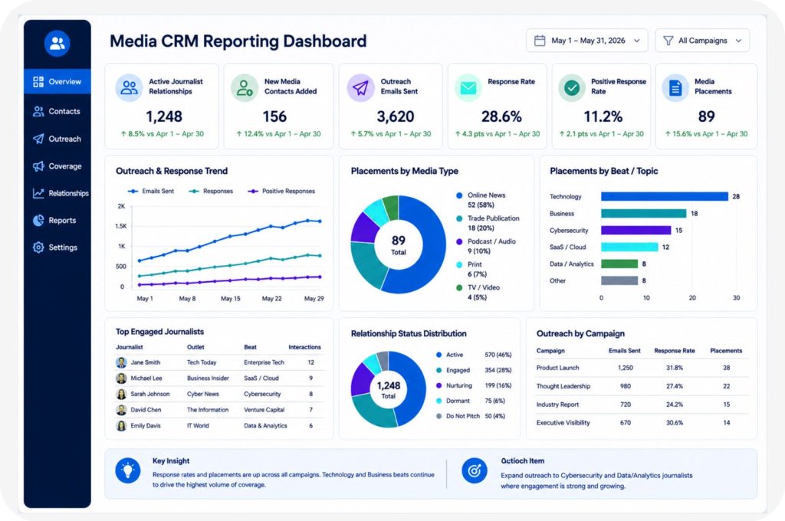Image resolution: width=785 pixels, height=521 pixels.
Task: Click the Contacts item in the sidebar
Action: [57, 111]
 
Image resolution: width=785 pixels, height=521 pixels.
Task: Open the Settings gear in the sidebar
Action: [38, 247]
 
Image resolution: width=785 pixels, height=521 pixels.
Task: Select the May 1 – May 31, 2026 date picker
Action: [586, 41]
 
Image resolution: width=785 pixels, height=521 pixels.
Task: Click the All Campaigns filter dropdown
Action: [702, 41]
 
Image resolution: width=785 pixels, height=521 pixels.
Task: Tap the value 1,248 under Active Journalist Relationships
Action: [164, 116]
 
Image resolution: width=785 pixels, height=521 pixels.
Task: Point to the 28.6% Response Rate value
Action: [501, 116]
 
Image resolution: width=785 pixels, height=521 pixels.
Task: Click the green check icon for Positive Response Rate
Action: [572, 87]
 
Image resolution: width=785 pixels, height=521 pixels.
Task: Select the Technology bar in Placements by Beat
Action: [665, 196]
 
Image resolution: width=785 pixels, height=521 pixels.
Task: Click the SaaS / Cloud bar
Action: [629, 247]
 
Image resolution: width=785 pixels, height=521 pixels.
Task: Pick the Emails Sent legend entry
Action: [151, 192]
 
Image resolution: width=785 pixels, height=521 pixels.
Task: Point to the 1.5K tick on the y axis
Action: [120, 226]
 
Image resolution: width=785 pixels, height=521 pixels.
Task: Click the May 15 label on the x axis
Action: [230, 298]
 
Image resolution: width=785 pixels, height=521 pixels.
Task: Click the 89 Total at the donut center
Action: [399, 244]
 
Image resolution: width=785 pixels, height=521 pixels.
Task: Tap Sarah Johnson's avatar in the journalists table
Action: [121, 394]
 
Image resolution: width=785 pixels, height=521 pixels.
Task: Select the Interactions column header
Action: [304, 347]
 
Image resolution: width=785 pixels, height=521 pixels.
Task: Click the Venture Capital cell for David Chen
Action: [264, 409]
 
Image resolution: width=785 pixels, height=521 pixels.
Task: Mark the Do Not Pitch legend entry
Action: [458, 416]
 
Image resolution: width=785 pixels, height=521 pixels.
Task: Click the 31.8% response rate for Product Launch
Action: [675, 367]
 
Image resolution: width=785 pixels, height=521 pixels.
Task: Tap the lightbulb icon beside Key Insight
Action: [128, 470]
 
